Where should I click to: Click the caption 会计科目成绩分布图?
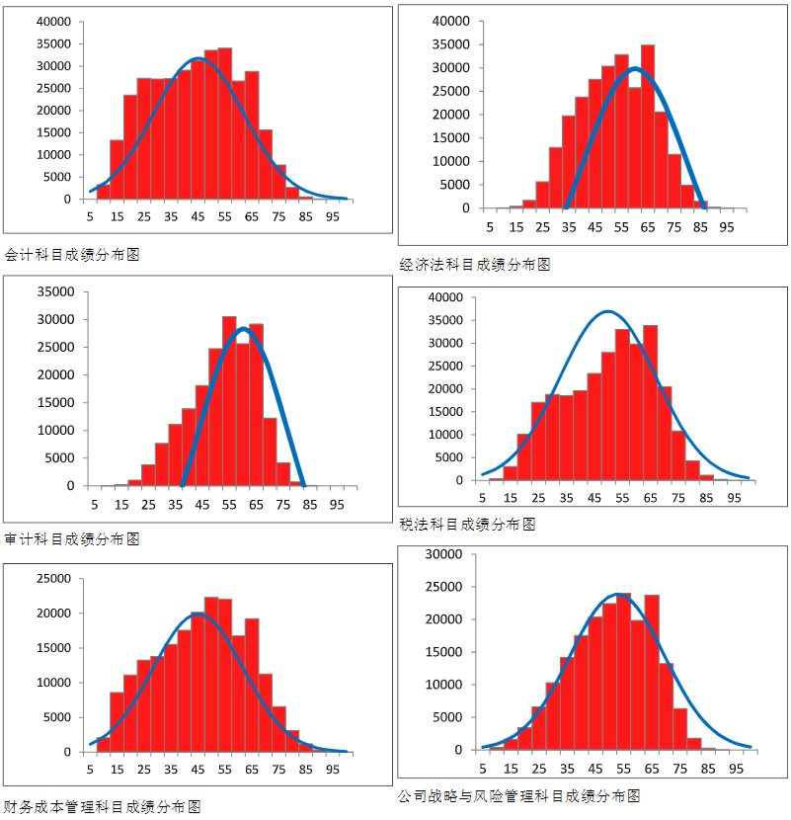[x=72, y=254]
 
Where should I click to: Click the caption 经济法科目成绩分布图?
[x=474, y=265]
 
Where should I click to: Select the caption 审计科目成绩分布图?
[x=72, y=538]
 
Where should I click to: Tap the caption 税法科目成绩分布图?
[x=467, y=525]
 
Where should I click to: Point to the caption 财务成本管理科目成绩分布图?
[x=102, y=806]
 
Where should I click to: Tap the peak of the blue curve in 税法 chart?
[x=608, y=312]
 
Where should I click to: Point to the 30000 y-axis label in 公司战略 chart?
[x=443, y=555]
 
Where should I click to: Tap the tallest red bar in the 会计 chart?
[x=225, y=123]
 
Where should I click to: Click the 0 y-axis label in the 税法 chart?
[x=458, y=480]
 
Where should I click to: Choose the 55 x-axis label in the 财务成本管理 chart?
[x=225, y=770]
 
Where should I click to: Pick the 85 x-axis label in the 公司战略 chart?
[x=706, y=768]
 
